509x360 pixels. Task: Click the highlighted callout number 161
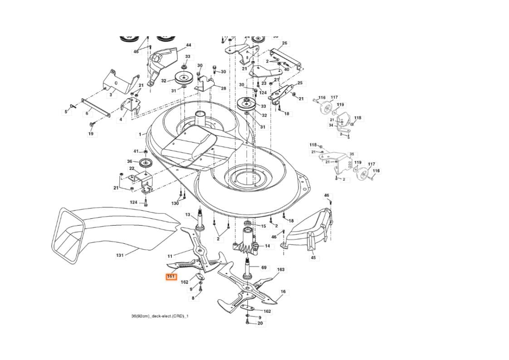171,276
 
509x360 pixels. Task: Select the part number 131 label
120,256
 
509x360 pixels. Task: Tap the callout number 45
313,258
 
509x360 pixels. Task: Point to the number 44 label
188,45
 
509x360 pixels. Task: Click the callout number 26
284,44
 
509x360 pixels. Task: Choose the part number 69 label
264,268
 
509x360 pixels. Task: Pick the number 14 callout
267,246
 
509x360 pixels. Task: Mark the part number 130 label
175,203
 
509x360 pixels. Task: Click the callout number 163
281,270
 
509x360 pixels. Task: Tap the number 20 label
260,323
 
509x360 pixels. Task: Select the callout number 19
91,134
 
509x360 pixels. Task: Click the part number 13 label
188,214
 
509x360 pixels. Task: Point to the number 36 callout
129,162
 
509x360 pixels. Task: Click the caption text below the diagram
157,316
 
